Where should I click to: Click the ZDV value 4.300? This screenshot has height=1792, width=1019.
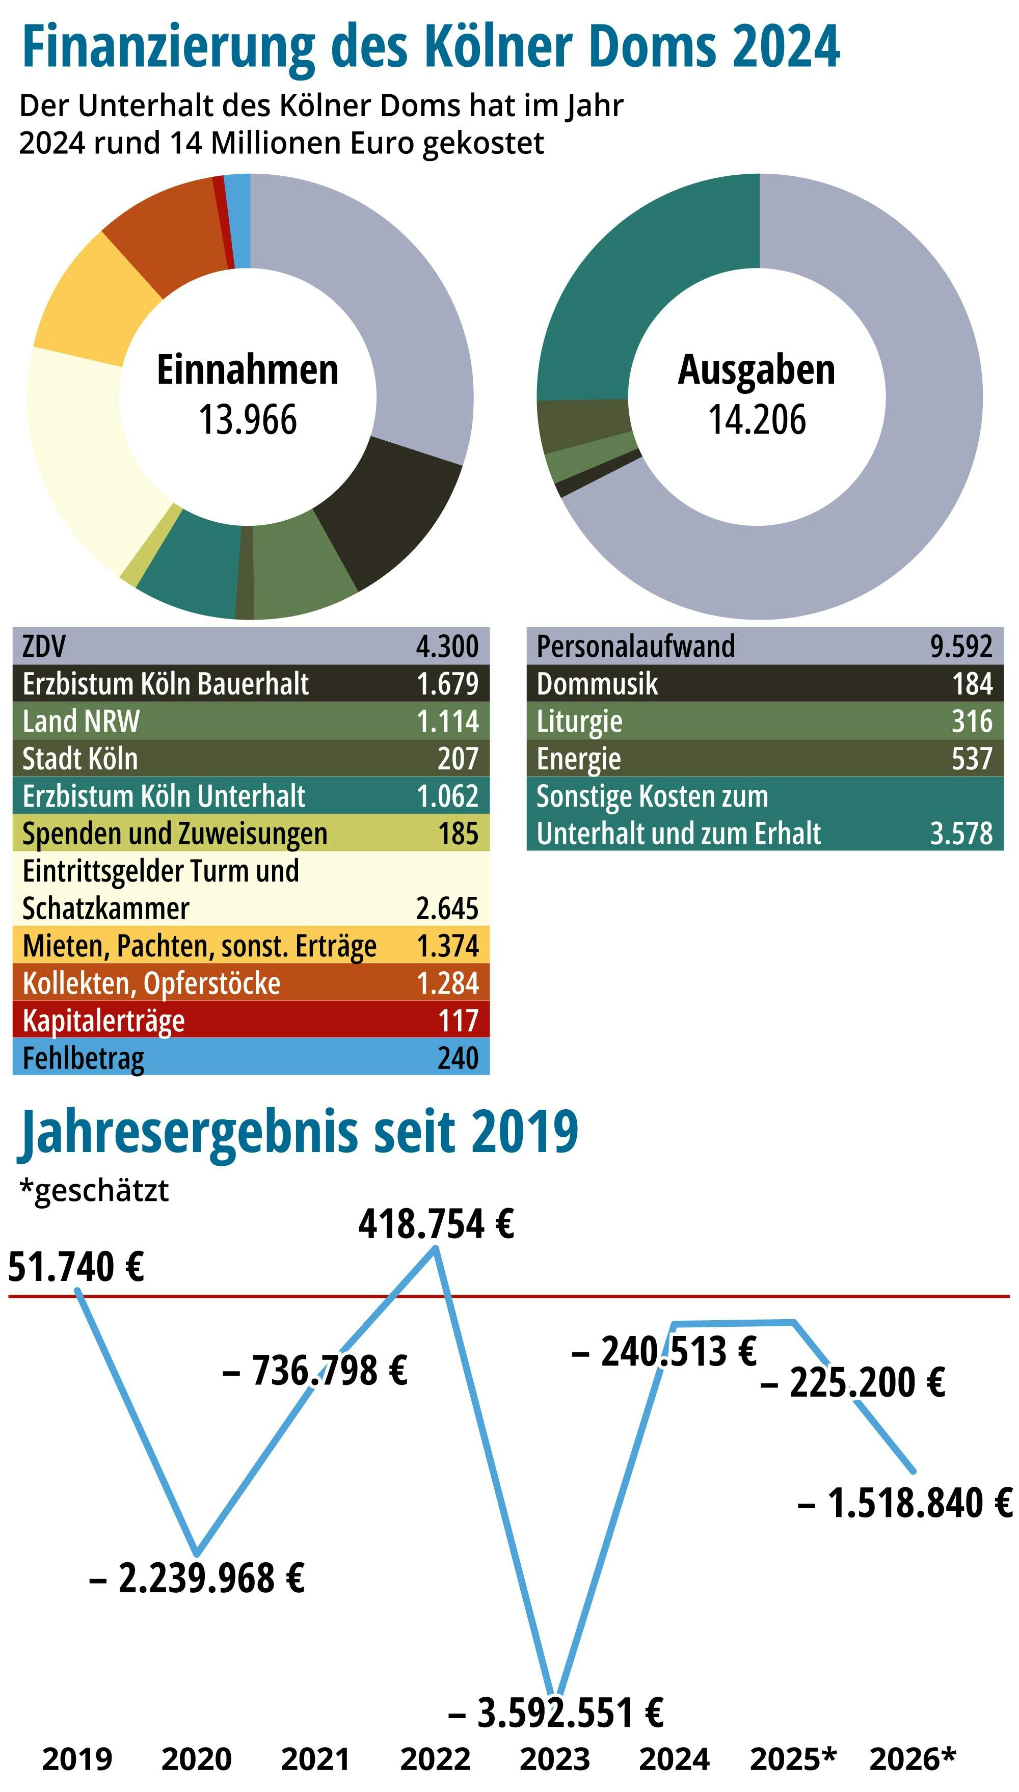pos(447,646)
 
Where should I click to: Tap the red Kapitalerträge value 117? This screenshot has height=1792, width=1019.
pos(459,1020)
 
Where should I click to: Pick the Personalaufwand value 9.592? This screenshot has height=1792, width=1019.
pos(961,646)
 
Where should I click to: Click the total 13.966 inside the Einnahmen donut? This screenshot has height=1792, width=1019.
pos(248,420)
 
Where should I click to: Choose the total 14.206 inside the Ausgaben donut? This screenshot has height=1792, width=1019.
pos(757,420)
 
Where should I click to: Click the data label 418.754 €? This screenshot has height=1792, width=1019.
pos(436,1224)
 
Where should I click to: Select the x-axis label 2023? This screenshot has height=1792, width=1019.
pos(555,1759)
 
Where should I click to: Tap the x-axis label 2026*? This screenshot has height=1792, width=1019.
pos(912,1759)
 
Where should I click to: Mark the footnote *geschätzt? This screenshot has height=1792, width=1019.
pos(94,1190)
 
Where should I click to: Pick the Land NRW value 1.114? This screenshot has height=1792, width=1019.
pos(447,720)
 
